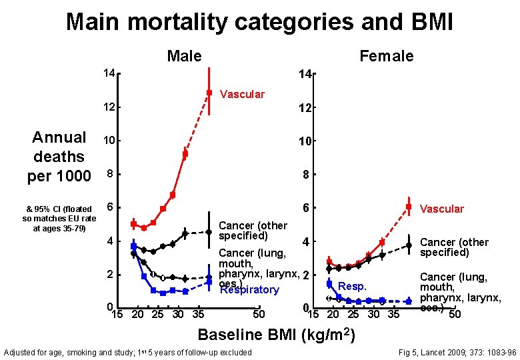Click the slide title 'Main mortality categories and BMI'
259,22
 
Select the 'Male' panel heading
185,56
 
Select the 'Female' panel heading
386,56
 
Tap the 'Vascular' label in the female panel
442,209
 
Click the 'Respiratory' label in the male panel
249,290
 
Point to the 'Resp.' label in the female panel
353,287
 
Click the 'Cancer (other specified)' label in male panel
253,231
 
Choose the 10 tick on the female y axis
306,141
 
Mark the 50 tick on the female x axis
455,315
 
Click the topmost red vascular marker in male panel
209,93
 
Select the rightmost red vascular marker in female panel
409,207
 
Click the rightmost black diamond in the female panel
409,245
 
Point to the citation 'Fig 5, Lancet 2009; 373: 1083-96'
456,352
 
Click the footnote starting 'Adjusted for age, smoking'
128,352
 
